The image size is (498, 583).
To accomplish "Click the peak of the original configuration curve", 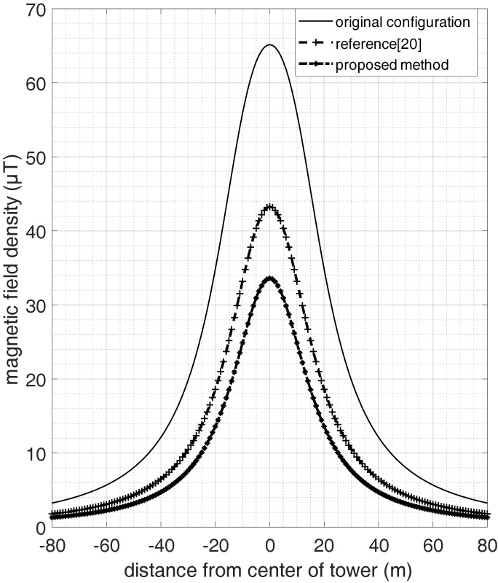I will (x=269, y=45).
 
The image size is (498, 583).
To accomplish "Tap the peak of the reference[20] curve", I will (x=269, y=206).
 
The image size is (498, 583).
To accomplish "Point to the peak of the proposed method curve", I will (x=269, y=278).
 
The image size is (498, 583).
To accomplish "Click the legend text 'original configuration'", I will (x=403, y=21).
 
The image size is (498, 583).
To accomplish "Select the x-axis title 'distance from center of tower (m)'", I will (x=269, y=568).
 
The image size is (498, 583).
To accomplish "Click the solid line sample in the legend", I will (x=315, y=21).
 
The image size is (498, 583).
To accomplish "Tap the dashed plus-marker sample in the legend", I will (x=315, y=43).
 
